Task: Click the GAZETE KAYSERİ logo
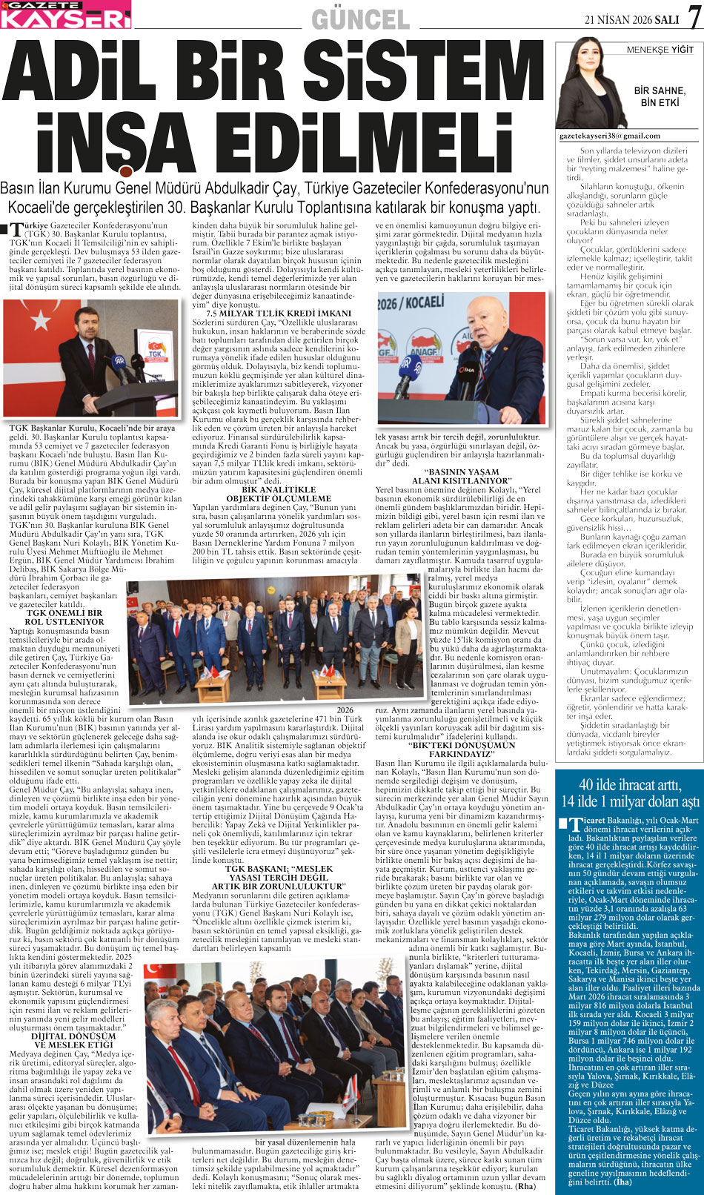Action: point(65,14)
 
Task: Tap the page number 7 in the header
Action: point(694,17)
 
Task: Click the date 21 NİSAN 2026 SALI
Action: point(632,20)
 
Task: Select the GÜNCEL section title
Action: point(360,19)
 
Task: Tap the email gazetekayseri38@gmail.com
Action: point(609,136)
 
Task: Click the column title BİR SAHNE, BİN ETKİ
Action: point(660,96)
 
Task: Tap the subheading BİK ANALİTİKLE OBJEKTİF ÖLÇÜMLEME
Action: point(279,494)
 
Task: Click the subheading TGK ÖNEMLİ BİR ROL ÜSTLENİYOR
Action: point(64,618)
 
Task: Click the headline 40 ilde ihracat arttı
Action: point(630,784)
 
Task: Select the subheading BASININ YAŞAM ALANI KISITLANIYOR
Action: point(460,476)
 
